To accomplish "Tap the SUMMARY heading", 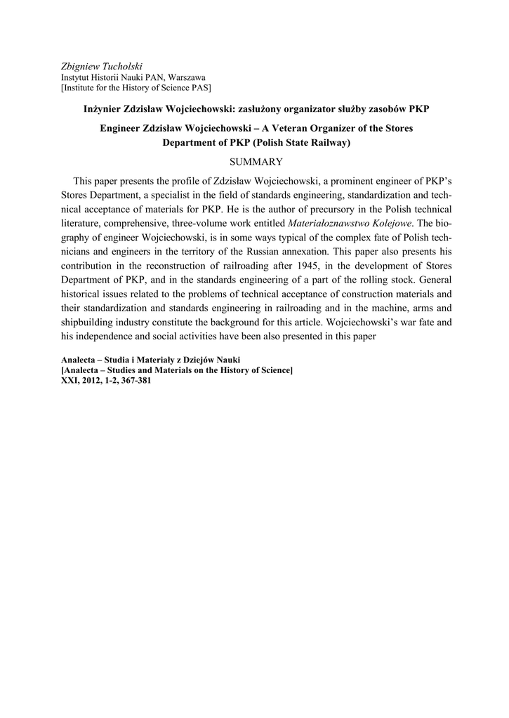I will tap(254, 161).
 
